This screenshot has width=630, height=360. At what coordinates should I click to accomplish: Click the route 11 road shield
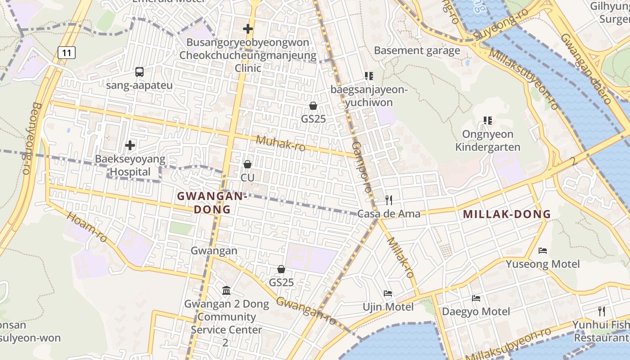[x=67, y=53]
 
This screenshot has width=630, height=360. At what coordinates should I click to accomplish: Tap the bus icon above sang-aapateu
[x=139, y=72]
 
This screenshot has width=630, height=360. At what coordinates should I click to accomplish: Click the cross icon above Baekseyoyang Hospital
[x=130, y=145]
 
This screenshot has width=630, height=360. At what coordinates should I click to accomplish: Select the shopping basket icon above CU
[x=247, y=164]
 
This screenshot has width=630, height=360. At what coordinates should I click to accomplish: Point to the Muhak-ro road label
[x=280, y=143]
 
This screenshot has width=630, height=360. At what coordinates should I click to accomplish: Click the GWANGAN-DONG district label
[x=212, y=202]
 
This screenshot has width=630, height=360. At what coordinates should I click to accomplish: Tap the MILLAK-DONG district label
[x=507, y=214]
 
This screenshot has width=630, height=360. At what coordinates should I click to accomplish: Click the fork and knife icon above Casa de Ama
[x=389, y=200]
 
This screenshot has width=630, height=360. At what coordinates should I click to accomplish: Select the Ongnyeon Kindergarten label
[x=487, y=141]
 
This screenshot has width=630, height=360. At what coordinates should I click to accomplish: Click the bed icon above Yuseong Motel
[x=543, y=250]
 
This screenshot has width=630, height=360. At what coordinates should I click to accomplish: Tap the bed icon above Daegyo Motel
[x=476, y=298]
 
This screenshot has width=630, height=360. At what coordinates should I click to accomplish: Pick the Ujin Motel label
[x=388, y=307]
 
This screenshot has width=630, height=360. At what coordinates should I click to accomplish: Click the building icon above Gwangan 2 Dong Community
[x=226, y=291]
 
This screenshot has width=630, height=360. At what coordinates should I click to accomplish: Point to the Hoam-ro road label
[x=87, y=227]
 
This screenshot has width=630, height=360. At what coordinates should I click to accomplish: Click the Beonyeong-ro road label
[x=31, y=138]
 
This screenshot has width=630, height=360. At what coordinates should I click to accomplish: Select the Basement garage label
[x=417, y=50]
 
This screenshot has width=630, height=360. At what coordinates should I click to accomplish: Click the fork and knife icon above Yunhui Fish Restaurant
[x=601, y=311]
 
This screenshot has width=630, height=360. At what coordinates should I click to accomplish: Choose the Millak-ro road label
[x=400, y=257]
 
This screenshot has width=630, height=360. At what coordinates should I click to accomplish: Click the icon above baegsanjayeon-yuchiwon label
[x=369, y=76]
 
